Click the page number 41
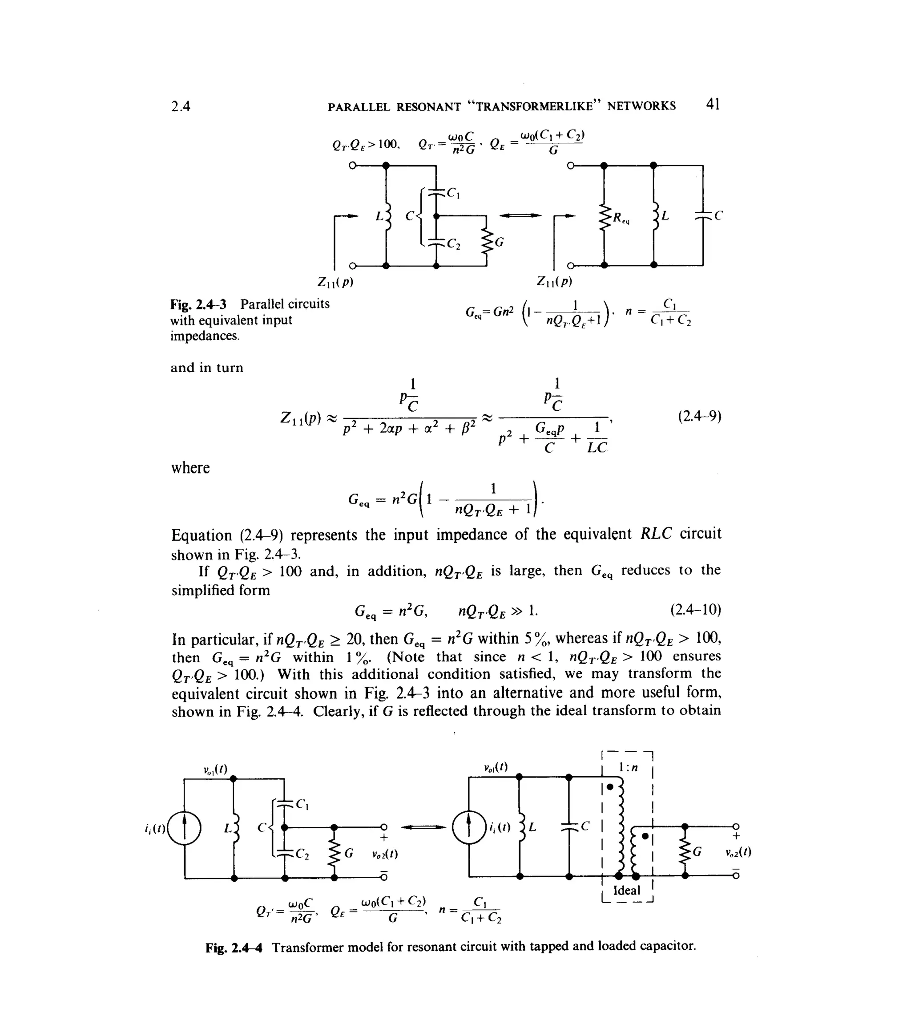(x=712, y=104)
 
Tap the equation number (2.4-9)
(x=699, y=417)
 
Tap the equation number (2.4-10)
(x=695, y=610)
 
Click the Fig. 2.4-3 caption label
(x=198, y=304)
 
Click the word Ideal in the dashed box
(x=627, y=890)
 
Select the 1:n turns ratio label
(x=628, y=768)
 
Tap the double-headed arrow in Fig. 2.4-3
(x=520, y=215)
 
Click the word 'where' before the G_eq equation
(x=190, y=468)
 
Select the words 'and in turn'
(x=207, y=368)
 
